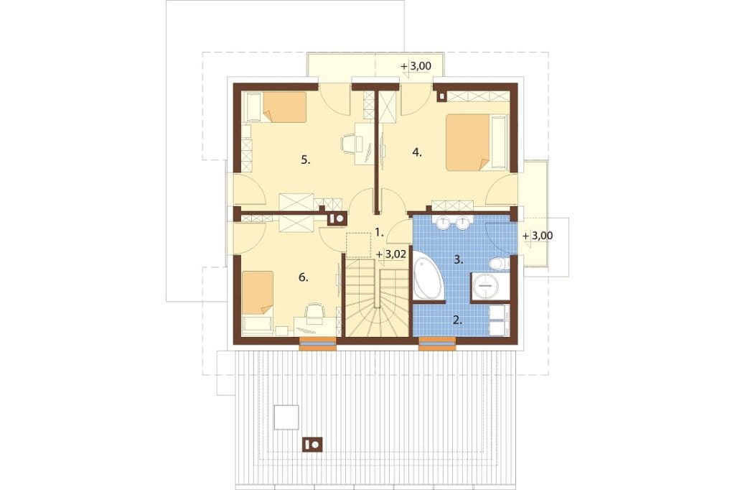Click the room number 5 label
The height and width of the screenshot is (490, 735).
(x=306, y=160)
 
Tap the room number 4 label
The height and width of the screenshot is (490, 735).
(x=417, y=152)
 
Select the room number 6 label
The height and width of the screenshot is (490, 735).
(x=304, y=277)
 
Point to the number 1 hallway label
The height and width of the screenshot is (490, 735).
(x=379, y=232)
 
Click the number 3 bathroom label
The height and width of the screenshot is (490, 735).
(x=459, y=259)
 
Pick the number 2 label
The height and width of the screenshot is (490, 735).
(x=457, y=320)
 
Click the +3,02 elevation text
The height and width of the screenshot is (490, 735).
(x=391, y=254)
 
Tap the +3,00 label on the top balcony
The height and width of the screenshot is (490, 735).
(x=416, y=66)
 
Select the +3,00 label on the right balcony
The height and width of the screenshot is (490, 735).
(x=538, y=236)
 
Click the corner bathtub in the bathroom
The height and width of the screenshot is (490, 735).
(x=428, y=276)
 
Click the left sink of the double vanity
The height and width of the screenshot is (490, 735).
(x=443, y=223)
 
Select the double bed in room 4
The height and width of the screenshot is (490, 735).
(x=477, y=142)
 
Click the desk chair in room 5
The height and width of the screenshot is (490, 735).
(x=350, y=144)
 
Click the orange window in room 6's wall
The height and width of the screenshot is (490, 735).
(x=318, y=344)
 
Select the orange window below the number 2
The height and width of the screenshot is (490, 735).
(x=437, y=344)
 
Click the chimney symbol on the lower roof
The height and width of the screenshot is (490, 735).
(x=312, y=444)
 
